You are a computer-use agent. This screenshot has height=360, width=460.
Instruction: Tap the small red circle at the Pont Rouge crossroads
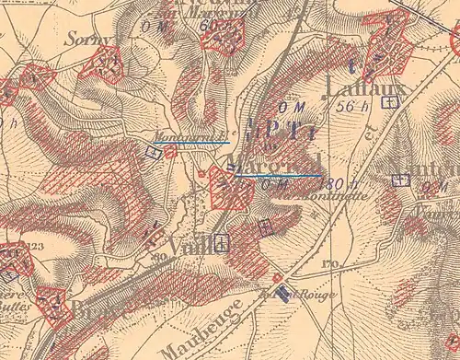pos(277,276)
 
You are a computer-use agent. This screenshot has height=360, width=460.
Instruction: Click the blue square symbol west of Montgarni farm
pos(153,153)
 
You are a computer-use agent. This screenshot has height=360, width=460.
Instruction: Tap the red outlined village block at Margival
pos(232,192)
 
